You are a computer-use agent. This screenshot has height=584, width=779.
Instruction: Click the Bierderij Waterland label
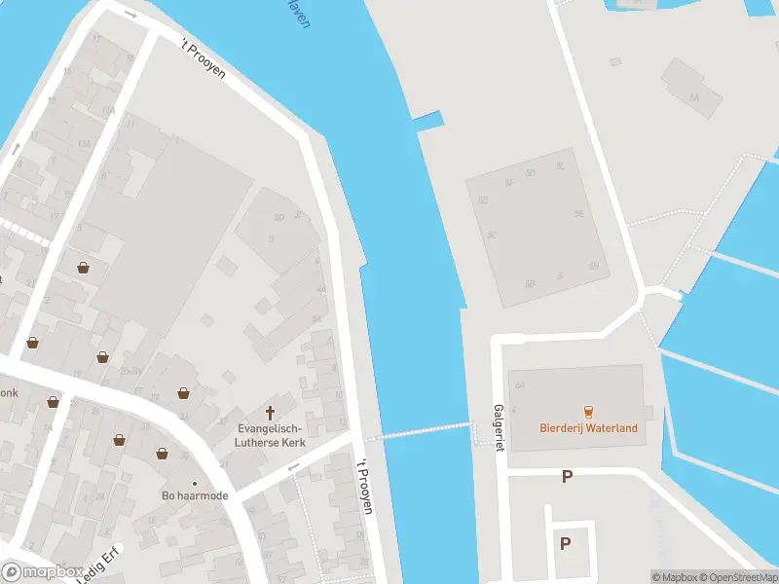[588, 428]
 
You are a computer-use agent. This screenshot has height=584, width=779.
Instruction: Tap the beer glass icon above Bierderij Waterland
[588, 412]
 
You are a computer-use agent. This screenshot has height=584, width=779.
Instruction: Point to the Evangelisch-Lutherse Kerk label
[269, 435]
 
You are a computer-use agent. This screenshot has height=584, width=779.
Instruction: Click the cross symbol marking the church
[270, 413]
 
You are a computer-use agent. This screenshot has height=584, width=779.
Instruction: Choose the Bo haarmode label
[195, 496]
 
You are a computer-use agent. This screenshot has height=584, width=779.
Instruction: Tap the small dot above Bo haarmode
[195, 483]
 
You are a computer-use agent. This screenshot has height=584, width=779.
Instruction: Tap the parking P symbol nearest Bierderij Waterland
[566, 476]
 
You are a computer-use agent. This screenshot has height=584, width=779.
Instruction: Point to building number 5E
[578, 213]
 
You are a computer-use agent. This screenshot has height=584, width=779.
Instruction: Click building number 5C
[492, 235]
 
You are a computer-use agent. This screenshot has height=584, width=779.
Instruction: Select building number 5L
[560, 165]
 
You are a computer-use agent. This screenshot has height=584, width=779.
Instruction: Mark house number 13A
[85, 144]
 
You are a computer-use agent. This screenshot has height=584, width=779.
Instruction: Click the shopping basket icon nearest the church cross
[183, 393]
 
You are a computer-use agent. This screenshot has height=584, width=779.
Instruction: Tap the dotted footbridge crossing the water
[419, 430]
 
